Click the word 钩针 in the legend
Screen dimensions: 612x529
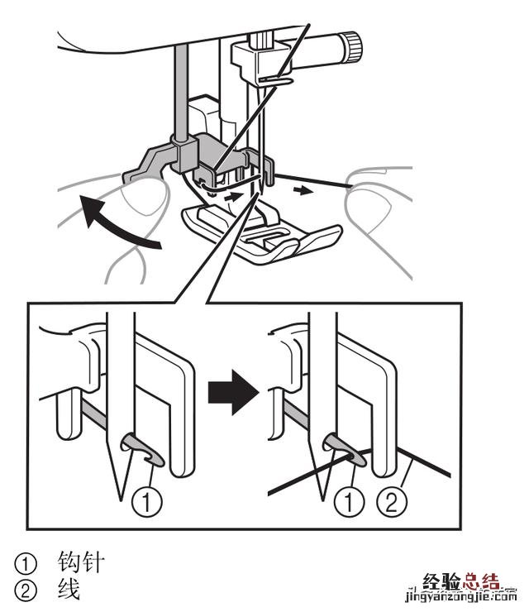coord(81,564)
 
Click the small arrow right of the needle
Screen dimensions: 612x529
coord(305,189)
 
